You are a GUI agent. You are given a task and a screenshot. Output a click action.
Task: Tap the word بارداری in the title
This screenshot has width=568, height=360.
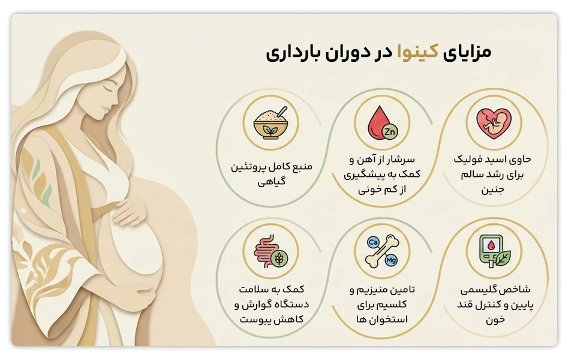coord(288,53)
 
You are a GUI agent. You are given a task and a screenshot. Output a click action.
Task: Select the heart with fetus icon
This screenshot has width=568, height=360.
coord(494,123)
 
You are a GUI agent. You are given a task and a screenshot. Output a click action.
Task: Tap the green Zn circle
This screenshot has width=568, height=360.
coord(388,131)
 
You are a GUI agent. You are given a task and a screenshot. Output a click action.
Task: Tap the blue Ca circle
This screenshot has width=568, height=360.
coord(372,243)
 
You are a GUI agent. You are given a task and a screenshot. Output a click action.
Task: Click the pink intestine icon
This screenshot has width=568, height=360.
coord(264,250)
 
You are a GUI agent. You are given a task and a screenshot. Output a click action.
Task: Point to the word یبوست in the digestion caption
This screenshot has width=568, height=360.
coord(251,319)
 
